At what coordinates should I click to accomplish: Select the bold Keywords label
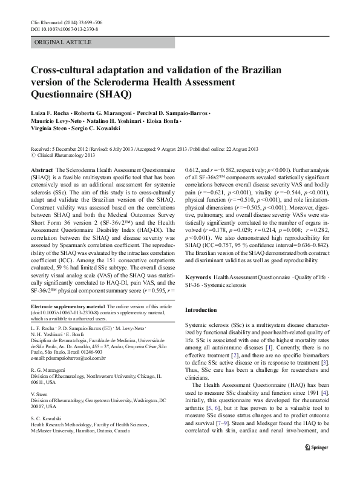[199, 276]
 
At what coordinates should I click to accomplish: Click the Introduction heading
[200, 309]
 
